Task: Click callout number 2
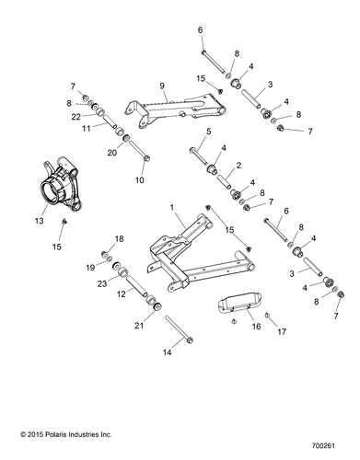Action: (238, 166)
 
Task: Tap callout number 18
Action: (119, 239)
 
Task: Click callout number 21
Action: (114, 325)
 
